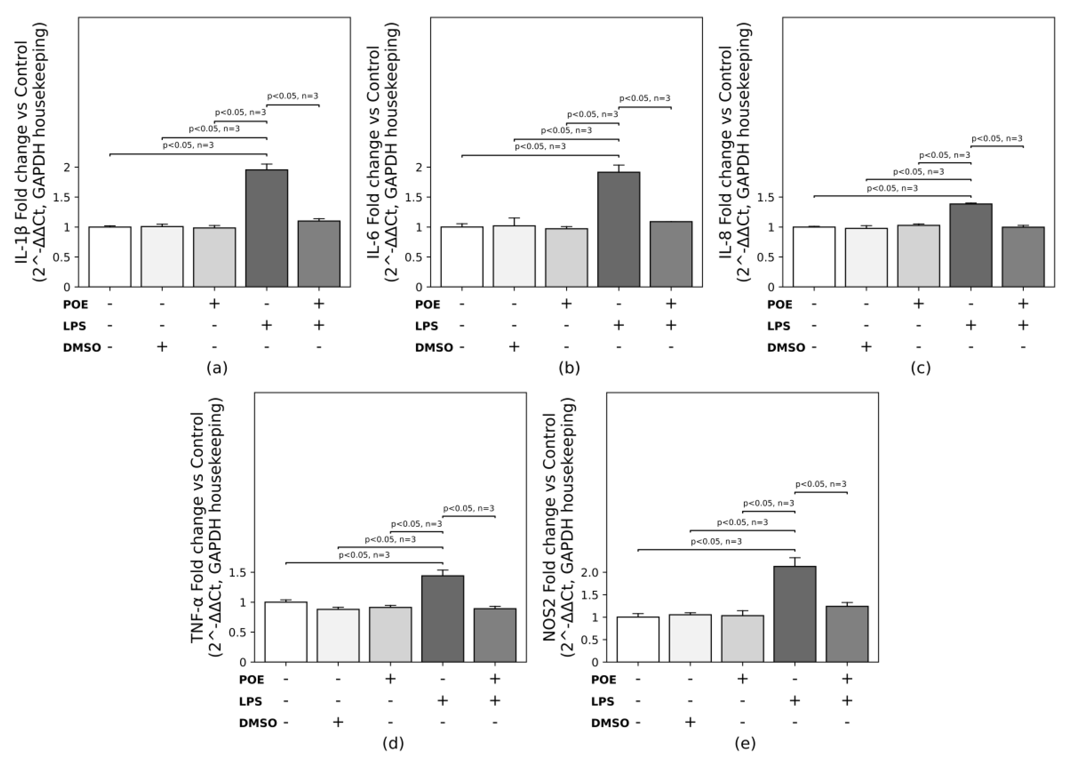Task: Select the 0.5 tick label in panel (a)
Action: pyautogui.click(x=62, y=257)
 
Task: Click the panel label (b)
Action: pyautogui.click(x=569, y=368)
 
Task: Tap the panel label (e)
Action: pyautogui.click(x=745, y=743)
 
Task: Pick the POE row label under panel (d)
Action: pyautogui.click(x=252, y=680)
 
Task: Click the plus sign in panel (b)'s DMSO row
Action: pyautogui.click(x=514, y=347)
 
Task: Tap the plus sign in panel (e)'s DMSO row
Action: pyautogui.click(x=690, y=722)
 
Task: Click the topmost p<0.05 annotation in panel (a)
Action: pyautogui.click(x=292, y=96)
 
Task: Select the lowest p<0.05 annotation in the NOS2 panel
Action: pyautogui.click(x=716, y=542)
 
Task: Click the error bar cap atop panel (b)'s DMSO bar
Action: pyautogui.click(x=514, y=218)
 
